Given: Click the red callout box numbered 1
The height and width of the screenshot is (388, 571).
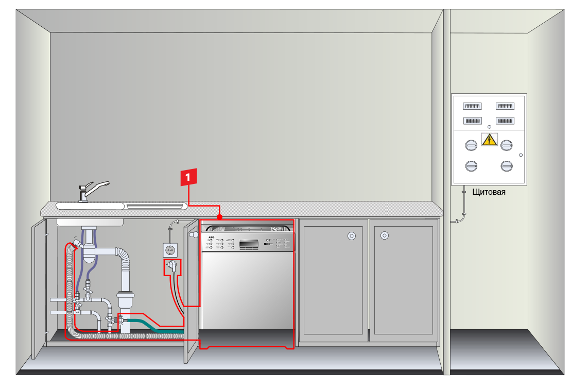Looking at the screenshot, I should click(x=188, y=177).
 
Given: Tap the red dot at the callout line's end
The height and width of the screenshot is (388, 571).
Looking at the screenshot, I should click(x=220, y=216).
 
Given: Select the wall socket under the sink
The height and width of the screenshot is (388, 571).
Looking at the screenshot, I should click(x=170, y=250).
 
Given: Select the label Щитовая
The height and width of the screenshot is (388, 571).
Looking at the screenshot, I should click(x=489, y=192).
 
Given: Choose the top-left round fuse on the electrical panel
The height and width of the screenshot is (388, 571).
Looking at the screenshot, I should click(x=471, y=145).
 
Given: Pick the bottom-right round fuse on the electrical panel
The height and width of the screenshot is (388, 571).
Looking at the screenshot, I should click(x=507, y=166).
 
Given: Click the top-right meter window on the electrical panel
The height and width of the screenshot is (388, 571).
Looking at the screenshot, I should click(x=505, y=106).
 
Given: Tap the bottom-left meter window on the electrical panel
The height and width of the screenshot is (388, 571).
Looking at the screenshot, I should click(x=472, y=121).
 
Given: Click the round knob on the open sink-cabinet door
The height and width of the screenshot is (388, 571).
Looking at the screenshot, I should click(x=194, y=235).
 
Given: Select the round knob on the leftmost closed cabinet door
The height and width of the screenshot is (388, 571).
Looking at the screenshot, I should click(x=351, y=236).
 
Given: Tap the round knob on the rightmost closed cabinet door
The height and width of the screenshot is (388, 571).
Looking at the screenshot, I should click(x=384, y=236).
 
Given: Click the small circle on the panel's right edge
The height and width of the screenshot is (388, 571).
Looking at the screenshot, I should click(x=521, y=155).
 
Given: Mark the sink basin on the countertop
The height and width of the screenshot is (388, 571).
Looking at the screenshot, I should click(x=90, y=206).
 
